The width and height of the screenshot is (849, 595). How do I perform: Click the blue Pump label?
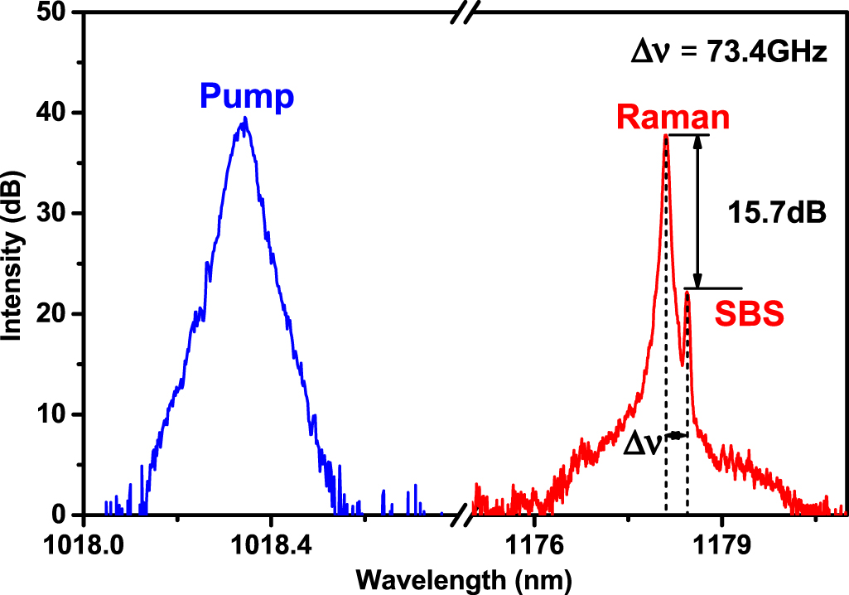tap(247, 99)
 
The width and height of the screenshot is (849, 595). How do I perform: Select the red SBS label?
tap(750, 316)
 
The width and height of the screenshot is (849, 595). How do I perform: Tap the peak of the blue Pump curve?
tap(244, 119)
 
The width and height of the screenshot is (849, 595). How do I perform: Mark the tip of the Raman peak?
tap(666, 136)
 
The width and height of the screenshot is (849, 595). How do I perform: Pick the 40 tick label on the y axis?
tap(57, 114)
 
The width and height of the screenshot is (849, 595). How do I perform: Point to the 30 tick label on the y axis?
tap(57, 214)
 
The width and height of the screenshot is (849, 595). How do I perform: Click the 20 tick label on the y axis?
tap(57, 314)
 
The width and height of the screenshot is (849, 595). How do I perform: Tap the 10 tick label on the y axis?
tap(57, 414)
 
